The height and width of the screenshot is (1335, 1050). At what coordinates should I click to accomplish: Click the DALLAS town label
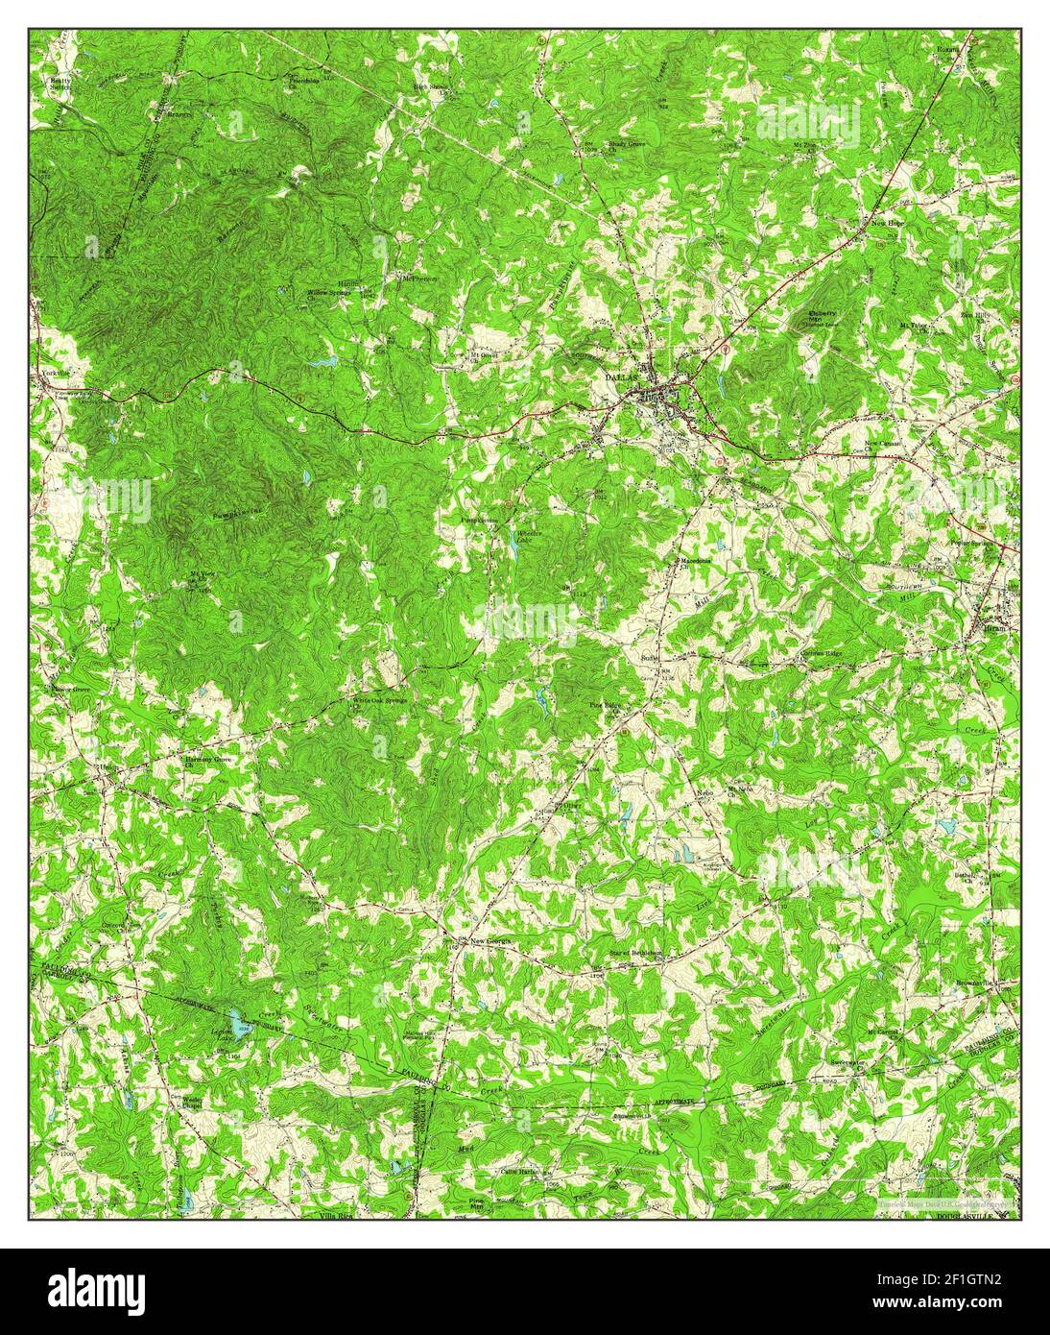pos(621,377)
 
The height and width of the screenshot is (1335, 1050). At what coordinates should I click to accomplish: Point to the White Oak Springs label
pos(379,701)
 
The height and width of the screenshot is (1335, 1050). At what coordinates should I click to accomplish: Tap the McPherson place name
pos(418,279)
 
